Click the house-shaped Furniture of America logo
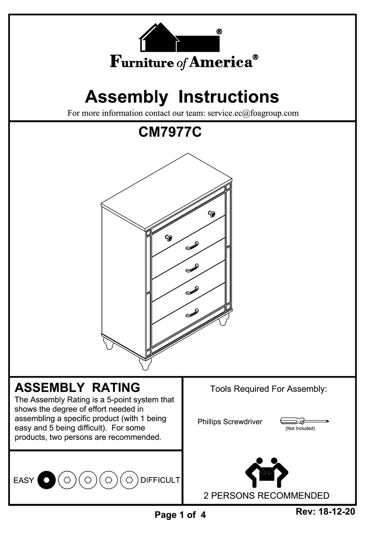[179, 38]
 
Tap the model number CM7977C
[170, 133]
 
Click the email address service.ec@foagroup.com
[253, 113]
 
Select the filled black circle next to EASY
[46, 480]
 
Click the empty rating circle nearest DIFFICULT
[129, 480]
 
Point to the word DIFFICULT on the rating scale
[160, 480]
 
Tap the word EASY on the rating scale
[24, 481]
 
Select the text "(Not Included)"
[300, 428]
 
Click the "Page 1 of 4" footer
[180, 515]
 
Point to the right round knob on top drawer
[212, 214]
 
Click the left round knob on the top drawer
[168, 238]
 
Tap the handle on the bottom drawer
[192, 313]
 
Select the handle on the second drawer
[192, 245]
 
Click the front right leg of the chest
[144, 363]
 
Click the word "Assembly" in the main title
[126, 97]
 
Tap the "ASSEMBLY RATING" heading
[77, 387]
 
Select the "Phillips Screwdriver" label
[230, 422]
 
